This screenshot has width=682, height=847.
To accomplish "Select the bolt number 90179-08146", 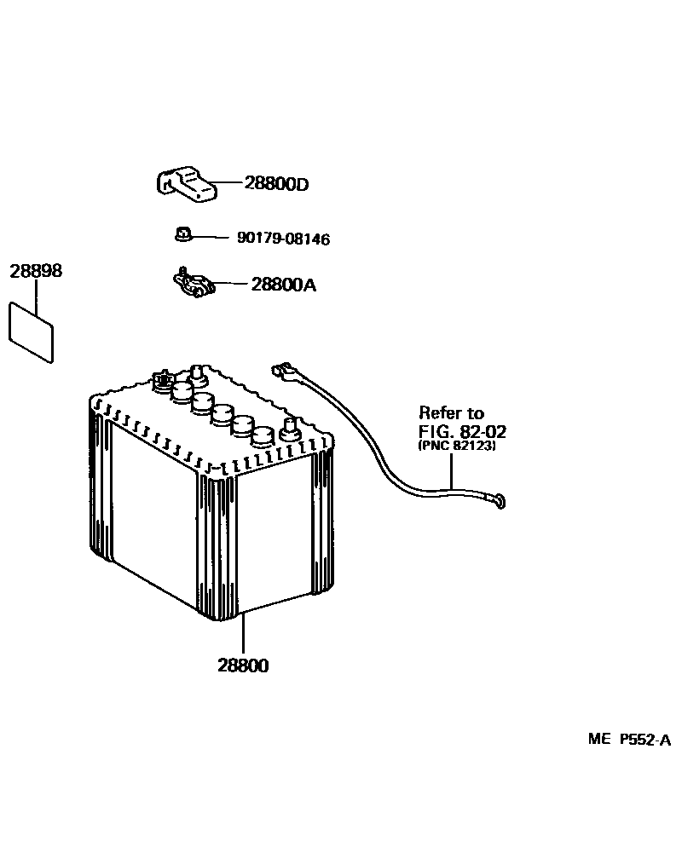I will tap(283, 239).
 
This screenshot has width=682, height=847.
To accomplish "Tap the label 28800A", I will tap(283, 285).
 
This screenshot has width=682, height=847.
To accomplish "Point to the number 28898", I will tap(36, 272).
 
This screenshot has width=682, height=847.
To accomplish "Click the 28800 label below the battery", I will tap(243, 665).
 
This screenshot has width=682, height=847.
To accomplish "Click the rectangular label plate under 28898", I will tap(31, 332).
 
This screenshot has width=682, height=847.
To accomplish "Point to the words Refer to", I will tap(451, 413).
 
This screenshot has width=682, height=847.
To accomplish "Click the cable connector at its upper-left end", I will tap(280, 372).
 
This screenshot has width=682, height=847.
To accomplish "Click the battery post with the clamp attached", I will tap(161, 381).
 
